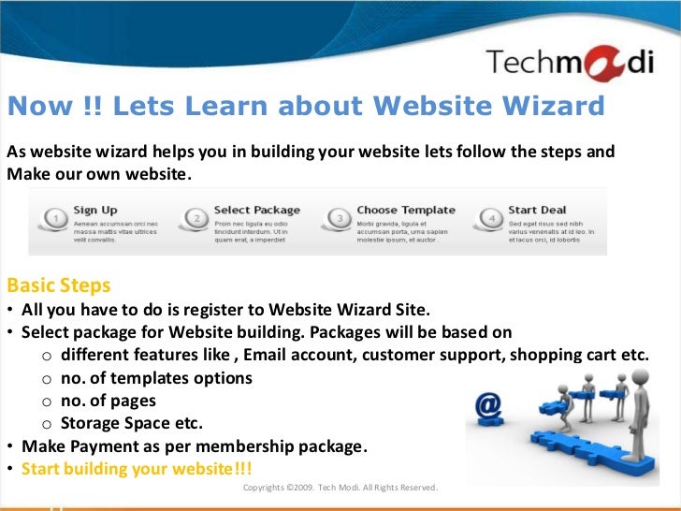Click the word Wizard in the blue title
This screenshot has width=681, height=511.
[554, 107]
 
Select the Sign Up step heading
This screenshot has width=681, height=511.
[95, 210]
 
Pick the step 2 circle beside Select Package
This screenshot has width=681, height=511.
[197, 221]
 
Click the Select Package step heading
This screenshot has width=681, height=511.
[256, 210]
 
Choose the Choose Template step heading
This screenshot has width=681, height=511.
[406, 210]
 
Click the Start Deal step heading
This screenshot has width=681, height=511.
[537, 210]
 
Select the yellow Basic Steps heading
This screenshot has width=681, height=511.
[58, 285]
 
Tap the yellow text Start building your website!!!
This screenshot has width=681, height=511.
[137, 469]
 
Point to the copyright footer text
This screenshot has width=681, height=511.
[340, 488]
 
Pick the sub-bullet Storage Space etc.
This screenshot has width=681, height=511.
[131, 423]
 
